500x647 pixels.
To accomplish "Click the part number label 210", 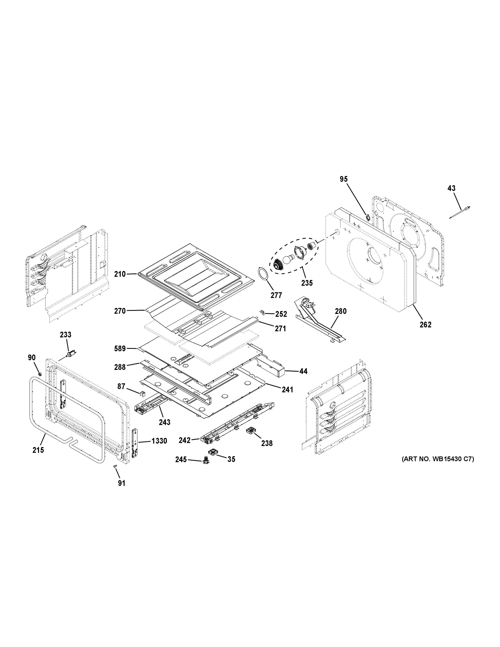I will point(120,274).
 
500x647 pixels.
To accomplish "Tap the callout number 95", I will point(344,179).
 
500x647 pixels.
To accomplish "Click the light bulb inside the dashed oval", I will point(287,260).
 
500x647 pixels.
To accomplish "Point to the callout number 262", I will point(425,325).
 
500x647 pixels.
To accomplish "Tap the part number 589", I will point(120,349).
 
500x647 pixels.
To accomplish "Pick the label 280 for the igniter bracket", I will point(341,311).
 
